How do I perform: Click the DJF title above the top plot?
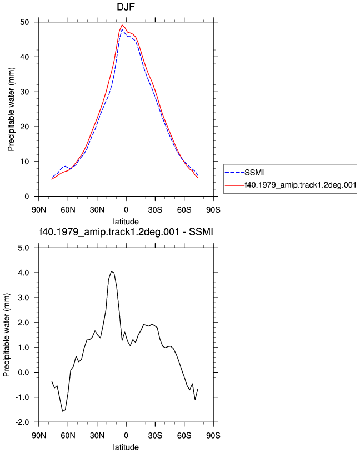click(126, 6)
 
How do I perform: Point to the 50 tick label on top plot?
click(24, 22)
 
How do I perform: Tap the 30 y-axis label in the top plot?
click(24, 92)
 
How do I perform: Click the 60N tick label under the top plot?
click(68, 209)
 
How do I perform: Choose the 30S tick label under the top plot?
click(155, 209)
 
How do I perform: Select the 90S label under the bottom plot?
click(213, 435)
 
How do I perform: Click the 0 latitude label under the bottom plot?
click(126, 435)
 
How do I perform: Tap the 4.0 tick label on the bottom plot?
click(24, 273)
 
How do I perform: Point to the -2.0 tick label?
click(22, 422)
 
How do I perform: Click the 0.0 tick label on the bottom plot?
click(24, 373)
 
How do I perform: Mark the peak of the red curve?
click(122, 25)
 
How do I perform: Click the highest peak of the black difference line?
click(111, 271)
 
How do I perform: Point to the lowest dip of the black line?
click(62, 411)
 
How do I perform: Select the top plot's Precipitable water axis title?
click(11, 109)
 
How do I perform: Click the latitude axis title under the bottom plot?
click(126, 447)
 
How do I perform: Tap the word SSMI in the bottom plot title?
click(201, 231)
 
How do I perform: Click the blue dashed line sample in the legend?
click(235, 173)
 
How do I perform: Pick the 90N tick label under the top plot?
click(39, 209)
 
